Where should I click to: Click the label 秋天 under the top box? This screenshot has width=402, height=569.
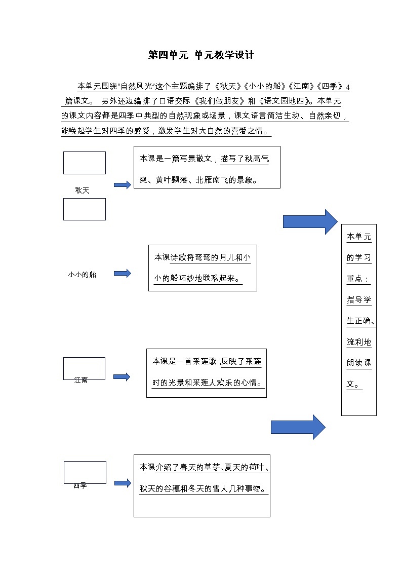(82, 191)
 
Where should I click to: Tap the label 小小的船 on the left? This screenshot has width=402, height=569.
(82, 275)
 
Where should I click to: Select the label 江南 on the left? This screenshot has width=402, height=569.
(81, 380)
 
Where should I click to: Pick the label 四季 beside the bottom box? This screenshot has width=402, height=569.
(80, 485)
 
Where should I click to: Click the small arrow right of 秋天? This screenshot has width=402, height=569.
(122, 185)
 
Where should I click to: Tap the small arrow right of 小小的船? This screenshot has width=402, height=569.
(122, 274)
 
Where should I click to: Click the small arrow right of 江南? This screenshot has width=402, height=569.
(122, 377)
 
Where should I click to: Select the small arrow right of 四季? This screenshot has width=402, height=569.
(123, 483)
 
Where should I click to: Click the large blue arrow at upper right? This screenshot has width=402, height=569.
(310, 221)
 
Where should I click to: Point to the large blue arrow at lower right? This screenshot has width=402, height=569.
(298, 427)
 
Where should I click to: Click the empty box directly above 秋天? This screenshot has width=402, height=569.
(85, 163)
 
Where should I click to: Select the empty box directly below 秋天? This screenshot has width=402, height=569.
(85, 209)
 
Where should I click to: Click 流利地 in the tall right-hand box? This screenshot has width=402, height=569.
(359, 342)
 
